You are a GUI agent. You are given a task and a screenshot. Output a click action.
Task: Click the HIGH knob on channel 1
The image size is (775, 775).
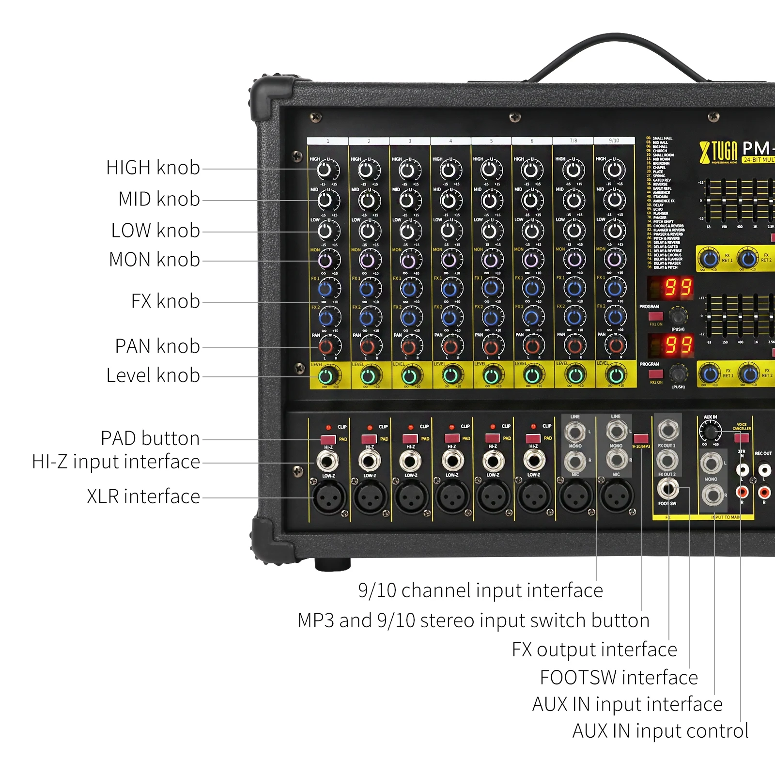[325, 170]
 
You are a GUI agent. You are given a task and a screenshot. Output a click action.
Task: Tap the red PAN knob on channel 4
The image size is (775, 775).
[449, 346]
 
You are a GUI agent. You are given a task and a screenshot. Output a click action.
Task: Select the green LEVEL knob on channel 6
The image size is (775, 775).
[532, 375]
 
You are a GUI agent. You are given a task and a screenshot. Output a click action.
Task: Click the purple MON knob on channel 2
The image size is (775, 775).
[367, 261]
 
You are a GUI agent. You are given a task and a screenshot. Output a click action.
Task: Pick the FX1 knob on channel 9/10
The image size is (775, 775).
[615, 289]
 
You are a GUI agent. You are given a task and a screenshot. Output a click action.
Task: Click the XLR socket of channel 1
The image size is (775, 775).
[328, 497]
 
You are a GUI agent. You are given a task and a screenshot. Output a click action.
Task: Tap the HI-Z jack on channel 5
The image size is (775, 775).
[493, 461]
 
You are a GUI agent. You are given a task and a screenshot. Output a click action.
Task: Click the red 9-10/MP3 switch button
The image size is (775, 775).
[641, 438]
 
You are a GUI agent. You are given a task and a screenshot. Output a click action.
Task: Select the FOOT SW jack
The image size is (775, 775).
[667, 489]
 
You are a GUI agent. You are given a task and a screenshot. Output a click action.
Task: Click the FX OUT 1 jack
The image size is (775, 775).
[667, 430]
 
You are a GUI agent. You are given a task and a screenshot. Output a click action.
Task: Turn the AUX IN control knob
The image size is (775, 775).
[710, 431]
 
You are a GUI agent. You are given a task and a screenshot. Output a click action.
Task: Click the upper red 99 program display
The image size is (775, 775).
[671, 288]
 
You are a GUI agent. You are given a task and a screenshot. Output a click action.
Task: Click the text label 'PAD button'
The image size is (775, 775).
[150, 438]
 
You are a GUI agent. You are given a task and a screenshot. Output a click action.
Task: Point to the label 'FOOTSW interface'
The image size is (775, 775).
[619, 678]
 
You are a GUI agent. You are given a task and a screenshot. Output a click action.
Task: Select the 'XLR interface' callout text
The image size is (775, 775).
[143, 496]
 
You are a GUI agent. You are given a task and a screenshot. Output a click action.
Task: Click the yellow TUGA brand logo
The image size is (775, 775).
[718, 152]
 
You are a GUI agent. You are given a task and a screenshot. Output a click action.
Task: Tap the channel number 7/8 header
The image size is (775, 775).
[573, 141]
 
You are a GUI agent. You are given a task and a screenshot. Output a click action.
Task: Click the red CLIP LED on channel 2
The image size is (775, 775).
[370, 428]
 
